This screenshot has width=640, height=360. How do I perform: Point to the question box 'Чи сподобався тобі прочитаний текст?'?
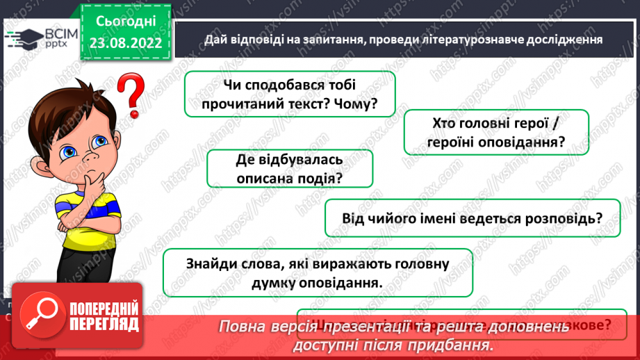pyautogui.click(x=290, y=95)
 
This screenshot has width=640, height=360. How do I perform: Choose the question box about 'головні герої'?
pyautogui.click(x=496, y=132)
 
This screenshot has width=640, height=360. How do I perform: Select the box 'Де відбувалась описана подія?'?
pyautogui.click(x=290, y=170)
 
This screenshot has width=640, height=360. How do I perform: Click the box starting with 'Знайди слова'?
pyautogui.click(x=318, y=273)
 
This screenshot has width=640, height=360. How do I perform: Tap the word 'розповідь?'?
pyautogui.click(x=565, y=218)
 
